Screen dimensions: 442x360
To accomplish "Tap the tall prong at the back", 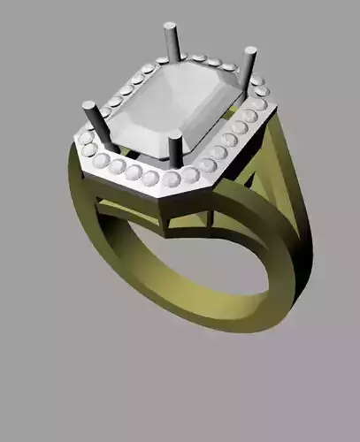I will [x=168, y=42].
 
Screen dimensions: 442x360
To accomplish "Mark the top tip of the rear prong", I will [x=167, y=27].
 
